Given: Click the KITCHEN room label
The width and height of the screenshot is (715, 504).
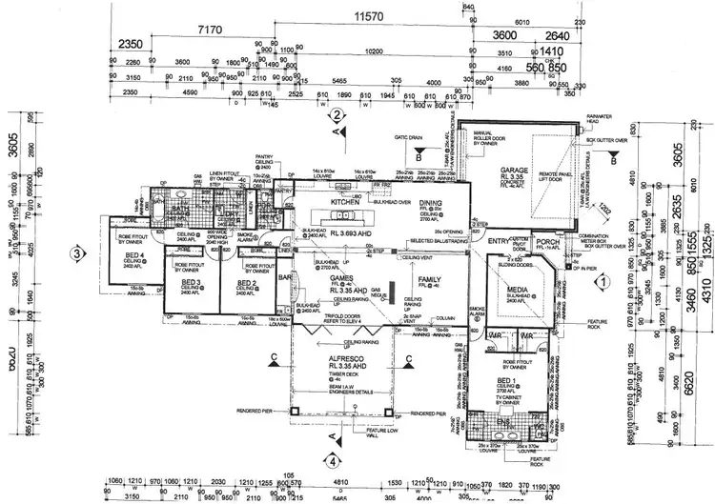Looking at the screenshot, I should pos(343,203).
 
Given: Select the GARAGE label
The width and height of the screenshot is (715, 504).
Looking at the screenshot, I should pos(516,171).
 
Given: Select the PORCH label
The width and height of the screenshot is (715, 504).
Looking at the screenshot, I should pos(546,241).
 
